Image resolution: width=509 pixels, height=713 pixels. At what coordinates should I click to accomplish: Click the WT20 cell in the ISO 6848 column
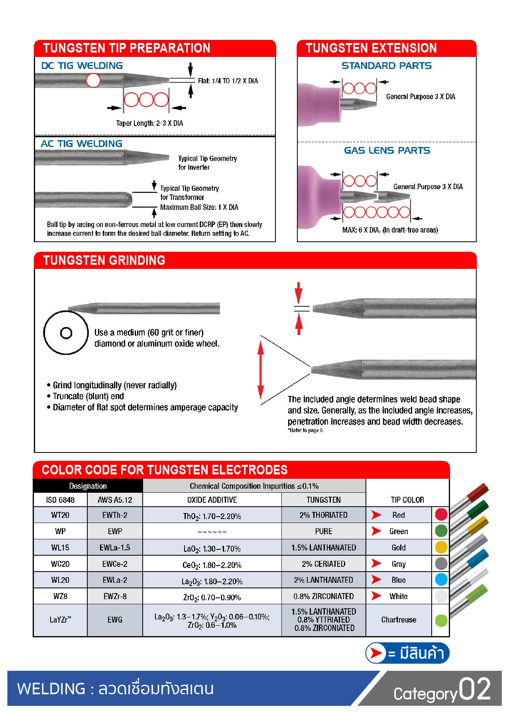tap(60, 515)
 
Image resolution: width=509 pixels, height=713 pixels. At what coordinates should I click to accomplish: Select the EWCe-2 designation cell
tap(115, 564)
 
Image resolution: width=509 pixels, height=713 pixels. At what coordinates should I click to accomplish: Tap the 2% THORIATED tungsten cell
tap(323, 515)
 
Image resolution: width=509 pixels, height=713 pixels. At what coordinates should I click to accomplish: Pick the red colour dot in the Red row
tap(441, 515)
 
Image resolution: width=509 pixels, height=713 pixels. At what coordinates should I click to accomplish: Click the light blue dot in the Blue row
tap(441, 580)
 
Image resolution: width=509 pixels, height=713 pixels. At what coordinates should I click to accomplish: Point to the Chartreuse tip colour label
tap(399, 620)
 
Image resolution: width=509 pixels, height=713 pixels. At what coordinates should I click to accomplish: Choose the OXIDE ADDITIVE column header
tap(212, 500)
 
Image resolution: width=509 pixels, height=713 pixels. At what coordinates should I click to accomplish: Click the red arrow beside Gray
tap(376, 564)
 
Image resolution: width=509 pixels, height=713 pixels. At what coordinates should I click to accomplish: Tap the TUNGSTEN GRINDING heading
tap(104, 261)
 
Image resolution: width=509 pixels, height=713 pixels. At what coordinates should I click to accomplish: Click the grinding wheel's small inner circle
tap(66, 333)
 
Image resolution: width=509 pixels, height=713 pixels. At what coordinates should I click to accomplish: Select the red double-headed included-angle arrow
tap(261, 370)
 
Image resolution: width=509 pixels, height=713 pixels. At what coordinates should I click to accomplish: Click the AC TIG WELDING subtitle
tap(82, 144)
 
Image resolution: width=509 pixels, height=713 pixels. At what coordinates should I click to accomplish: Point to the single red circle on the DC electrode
tap(93, 80)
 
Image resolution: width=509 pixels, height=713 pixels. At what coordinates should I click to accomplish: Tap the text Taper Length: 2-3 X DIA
tap(149, 123)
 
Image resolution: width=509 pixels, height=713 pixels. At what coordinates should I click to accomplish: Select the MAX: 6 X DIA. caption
tap(390, 230)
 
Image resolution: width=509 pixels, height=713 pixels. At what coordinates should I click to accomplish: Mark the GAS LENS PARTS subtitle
tap(387, 151)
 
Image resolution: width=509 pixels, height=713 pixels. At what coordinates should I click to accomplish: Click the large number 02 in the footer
tap(474, 689)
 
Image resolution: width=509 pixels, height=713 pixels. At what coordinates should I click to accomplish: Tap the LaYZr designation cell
tap(60, 620)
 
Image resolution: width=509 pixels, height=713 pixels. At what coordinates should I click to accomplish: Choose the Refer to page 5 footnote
tap(305, 431)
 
